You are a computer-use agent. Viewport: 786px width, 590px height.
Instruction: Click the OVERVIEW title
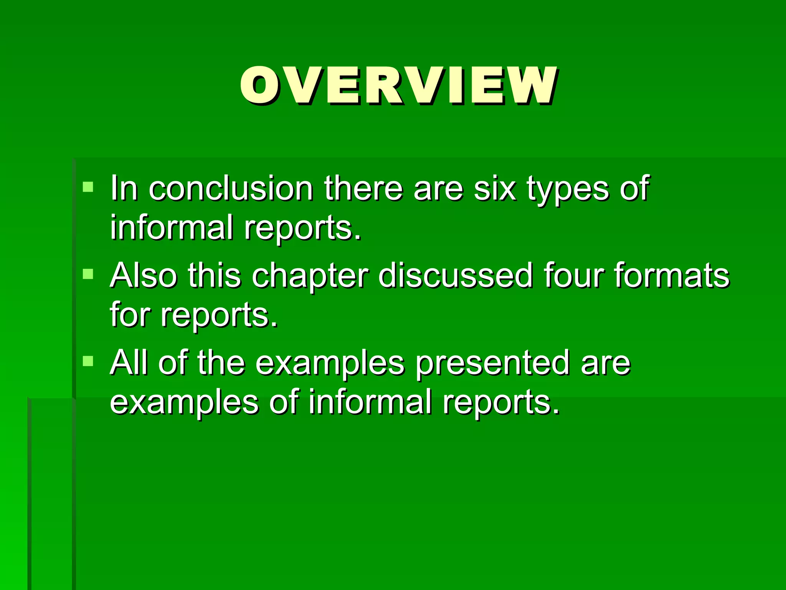coord(398,85)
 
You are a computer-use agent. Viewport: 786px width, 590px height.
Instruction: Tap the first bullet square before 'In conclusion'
coord(88,187)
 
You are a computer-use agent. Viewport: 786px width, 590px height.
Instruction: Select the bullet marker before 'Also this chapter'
coord(88,274)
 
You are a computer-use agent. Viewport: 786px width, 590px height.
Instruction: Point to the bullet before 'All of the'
coord(88,361)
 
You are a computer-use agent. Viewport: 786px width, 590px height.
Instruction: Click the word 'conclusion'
coord(231,189)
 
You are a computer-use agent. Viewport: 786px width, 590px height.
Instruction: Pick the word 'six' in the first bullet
coord(495,189)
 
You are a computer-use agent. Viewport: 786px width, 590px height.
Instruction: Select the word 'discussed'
coord(456,275)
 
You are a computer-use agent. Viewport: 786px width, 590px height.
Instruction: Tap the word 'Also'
coord(144,275)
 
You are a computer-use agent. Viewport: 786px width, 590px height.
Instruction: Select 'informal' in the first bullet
coord(172,227)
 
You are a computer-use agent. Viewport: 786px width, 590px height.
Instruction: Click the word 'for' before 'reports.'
coord(130,315)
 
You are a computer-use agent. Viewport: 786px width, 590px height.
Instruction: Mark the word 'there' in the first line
coord(363,189)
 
